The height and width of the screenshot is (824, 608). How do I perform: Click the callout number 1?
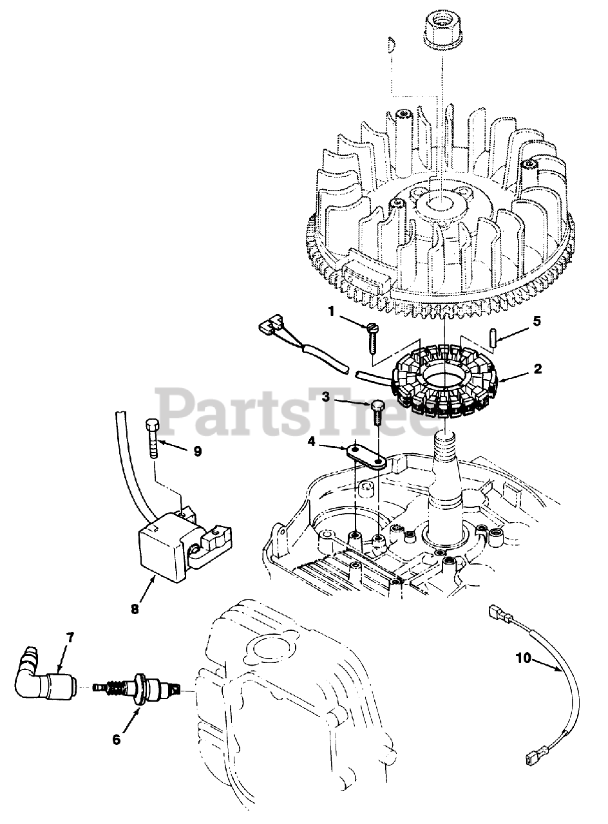[331, 313]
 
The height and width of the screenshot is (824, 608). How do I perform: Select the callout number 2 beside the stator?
[537, 369]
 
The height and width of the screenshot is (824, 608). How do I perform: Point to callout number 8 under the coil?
[135, 608]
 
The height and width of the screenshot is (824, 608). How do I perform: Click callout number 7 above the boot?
[70, 638]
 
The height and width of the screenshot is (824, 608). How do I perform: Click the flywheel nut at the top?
[442, 29]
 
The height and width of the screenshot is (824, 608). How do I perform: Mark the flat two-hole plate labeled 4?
[365, 455]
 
